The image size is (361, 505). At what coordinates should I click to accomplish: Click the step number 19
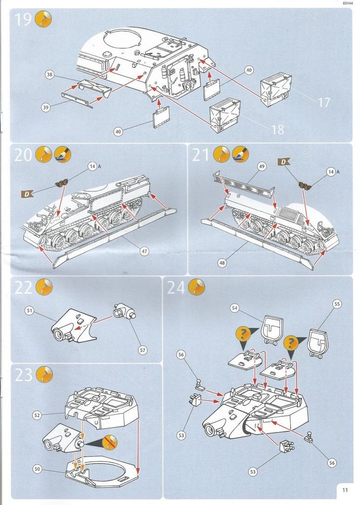pos(23,20)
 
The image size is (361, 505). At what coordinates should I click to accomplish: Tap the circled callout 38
pos(49,75)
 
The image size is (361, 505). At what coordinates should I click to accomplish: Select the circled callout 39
pos(46,108)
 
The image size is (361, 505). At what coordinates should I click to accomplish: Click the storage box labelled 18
pos(225,115)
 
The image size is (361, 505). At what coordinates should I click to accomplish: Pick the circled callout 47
pos(144,251)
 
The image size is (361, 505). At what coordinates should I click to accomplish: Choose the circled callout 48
pos(222,263)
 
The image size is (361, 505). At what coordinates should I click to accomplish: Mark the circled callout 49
pos(262,167)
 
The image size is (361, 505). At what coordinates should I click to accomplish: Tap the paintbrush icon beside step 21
pos(240,154)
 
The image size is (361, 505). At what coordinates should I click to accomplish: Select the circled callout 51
pos(30,311)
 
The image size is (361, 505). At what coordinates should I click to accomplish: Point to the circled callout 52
pos(37,415)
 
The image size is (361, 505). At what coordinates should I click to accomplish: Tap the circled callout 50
pos(37,469)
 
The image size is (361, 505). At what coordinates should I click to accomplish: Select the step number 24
pos(176,288)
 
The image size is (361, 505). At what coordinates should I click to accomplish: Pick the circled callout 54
pos(235,308)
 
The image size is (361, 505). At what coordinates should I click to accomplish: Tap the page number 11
pos(344,490)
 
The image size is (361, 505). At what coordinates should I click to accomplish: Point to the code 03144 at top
pos(348,3)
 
